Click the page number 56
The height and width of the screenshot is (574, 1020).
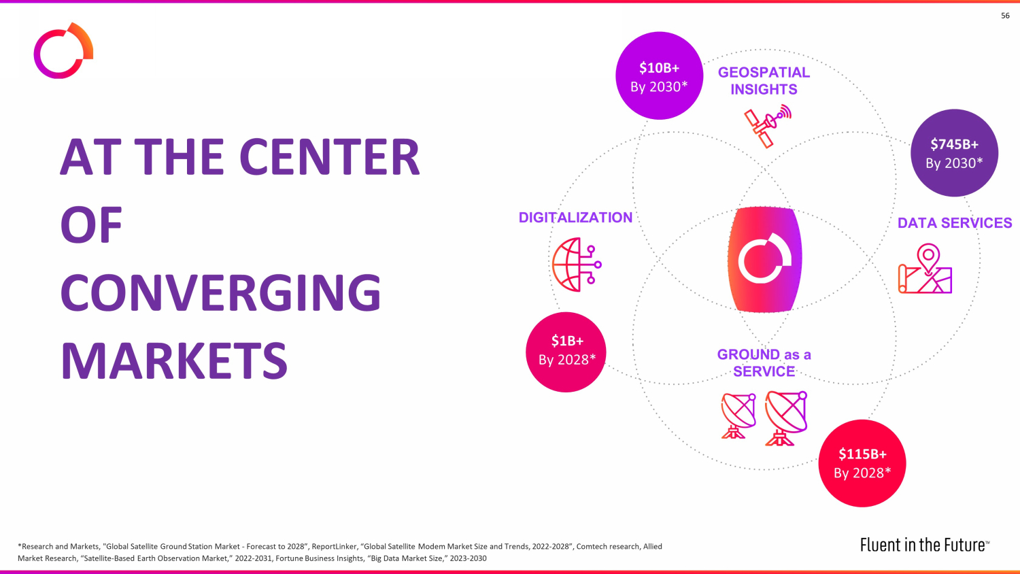click(1005, 16)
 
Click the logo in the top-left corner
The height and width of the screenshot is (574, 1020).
click(63, 51)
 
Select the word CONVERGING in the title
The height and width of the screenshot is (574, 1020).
click(220, 292)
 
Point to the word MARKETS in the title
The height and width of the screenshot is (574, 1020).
click(174, 360)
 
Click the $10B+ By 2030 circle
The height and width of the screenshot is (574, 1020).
click(659, 75)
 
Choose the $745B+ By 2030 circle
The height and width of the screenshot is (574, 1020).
click(954, 153)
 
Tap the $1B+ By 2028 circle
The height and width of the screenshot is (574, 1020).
click(566, 352)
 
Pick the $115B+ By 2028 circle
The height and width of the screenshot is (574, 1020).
click(862, 463)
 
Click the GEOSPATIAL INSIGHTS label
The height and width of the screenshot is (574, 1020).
click(764, 81)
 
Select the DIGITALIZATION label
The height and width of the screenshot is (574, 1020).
click(575, 218)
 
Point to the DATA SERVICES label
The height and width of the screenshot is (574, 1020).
click(955, 223)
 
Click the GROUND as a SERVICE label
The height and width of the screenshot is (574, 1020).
click(764, 362)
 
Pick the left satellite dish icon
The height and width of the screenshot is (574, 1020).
click(738, 415)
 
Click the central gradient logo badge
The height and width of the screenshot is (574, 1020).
click(765, 259)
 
